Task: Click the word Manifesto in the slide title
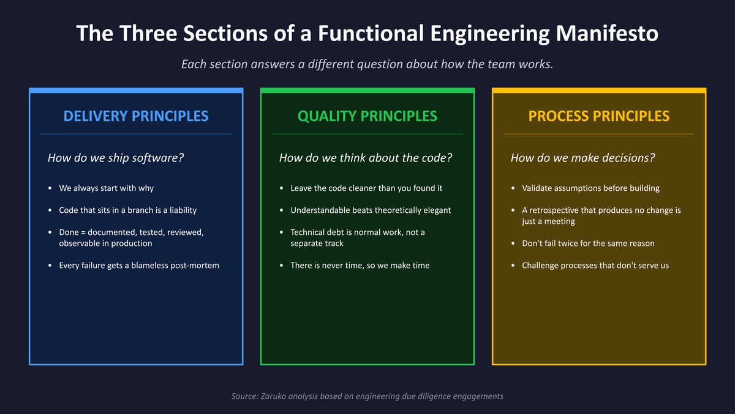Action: tap(607, 33)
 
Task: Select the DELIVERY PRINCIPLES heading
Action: tap(136, 116)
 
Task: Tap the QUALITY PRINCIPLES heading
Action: tap(367, 116)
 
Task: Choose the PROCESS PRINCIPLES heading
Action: tap(599, 116)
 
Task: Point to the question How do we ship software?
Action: tap(116, 158)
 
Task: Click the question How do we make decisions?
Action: tap(582, 158)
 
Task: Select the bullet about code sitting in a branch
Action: tap(127, 210)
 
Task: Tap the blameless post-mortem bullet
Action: tap(138, 266)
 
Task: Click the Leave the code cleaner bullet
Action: tap(366, 188)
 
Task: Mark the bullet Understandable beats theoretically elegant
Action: tap(371, 210)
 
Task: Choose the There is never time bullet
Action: tap(360, 266)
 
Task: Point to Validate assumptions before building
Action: tap(590, 188)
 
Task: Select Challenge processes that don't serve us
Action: tap(595, 266)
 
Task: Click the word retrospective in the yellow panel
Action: tap(557, 210)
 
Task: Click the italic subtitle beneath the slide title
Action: tap(367, 64)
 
